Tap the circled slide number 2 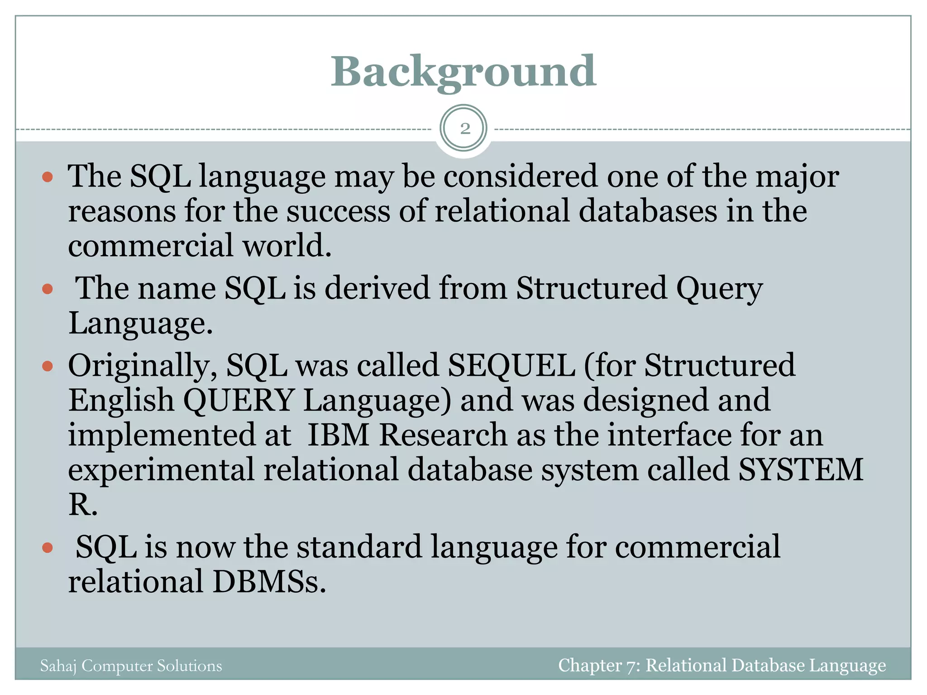click(464, 129)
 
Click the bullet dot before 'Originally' click(48, 366)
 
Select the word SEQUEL click(511, 366)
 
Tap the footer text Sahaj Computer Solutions click(131, 666)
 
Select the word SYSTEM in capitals click(801, 470)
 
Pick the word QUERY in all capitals click(239, 400)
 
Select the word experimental click(161, 470)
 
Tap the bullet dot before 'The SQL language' click(48, 176)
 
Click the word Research click(443, 435)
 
